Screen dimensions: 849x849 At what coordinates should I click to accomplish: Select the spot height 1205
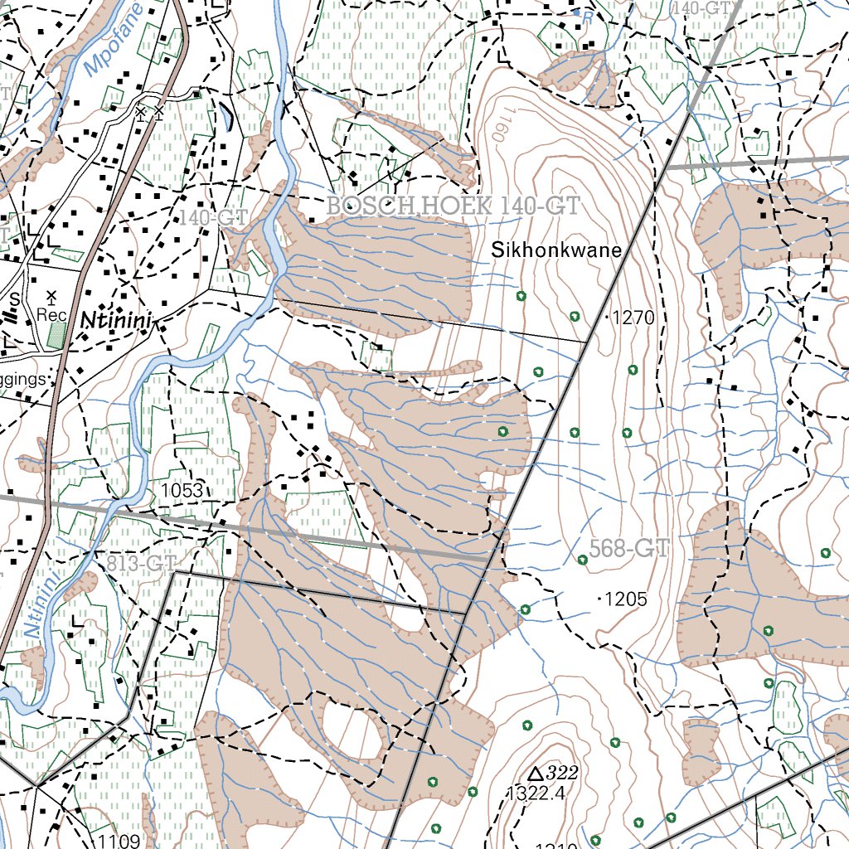point(627,599)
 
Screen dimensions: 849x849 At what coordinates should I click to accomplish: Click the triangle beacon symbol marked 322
point(536,773)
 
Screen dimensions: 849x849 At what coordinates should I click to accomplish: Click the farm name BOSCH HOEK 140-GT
point(452,206)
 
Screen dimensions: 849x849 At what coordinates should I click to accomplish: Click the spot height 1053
point(182,491)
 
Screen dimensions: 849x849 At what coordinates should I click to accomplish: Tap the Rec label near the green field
point(52,315)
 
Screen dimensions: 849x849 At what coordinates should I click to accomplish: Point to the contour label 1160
point(497,125)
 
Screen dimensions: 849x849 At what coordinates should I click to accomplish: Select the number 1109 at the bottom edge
point(118,842)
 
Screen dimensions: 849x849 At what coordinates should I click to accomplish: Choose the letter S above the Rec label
point(14,297)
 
